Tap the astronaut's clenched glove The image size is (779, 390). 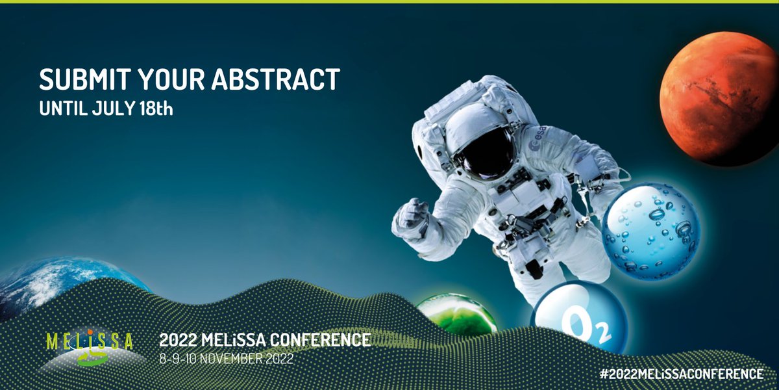412,218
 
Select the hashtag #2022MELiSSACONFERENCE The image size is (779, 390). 682,374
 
